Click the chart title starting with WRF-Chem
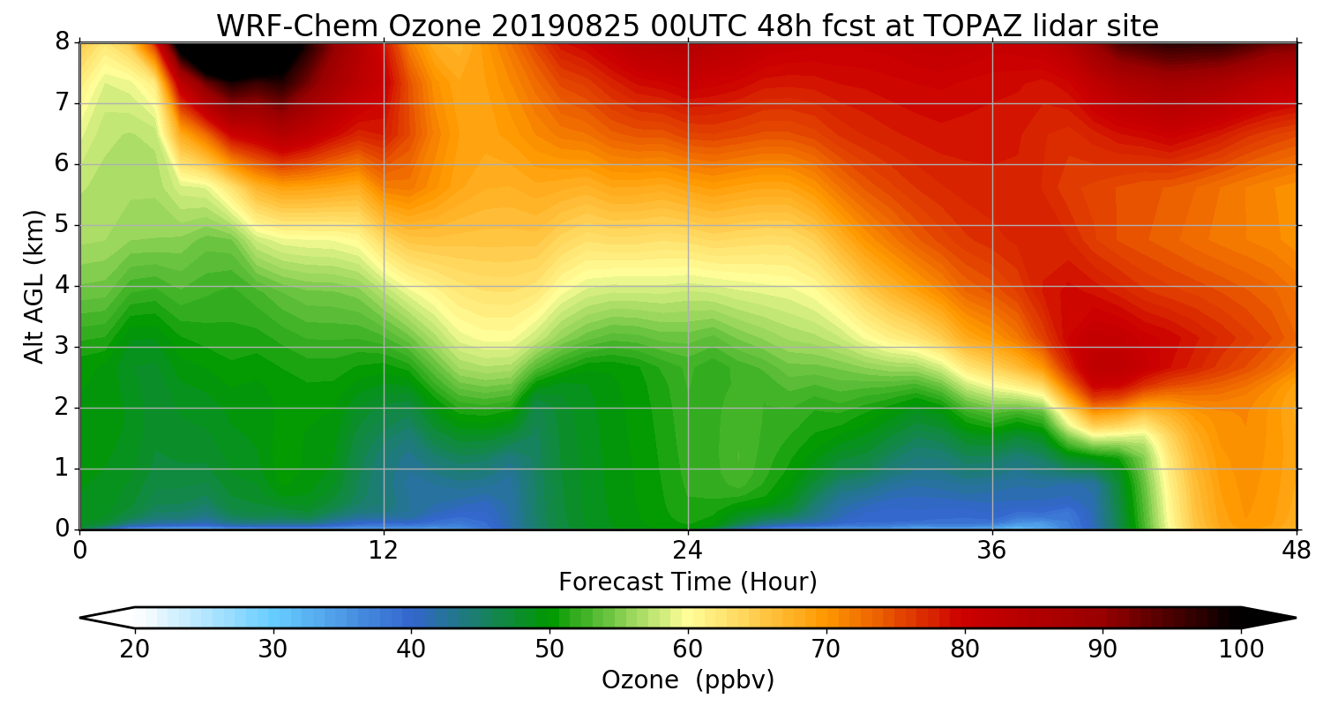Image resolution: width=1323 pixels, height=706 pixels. click(x=687, y=26)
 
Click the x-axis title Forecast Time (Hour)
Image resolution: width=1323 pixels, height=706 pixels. click(x=687, y=582)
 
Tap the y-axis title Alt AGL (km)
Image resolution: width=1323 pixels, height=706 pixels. click(x=34, y=287)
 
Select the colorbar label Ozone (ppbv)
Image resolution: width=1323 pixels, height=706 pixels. click(x=687, y=680)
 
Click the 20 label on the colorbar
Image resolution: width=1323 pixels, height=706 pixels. click(x=135, y=649)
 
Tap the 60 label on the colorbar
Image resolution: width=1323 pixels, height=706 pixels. click(x=688, y=649)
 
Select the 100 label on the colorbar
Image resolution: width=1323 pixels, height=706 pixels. click(x=1241, y=649)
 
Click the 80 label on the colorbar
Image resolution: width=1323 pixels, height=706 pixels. click(x=965, y=649)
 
